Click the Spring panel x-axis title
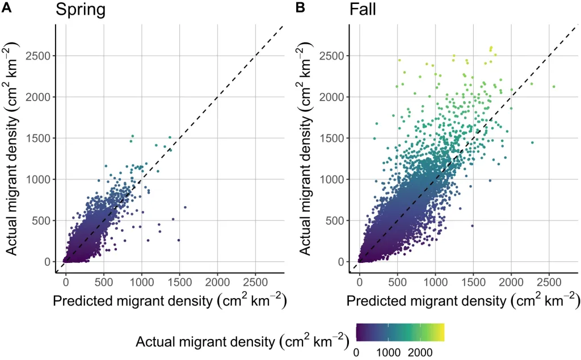click(x=169, y=302)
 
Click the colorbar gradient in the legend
click(x=400, y=332)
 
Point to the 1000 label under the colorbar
click(x=389, y=352)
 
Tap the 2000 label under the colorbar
click(x=421, y=352)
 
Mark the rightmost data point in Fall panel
click(x=554, y=87)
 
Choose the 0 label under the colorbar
click(x=357, y=352)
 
